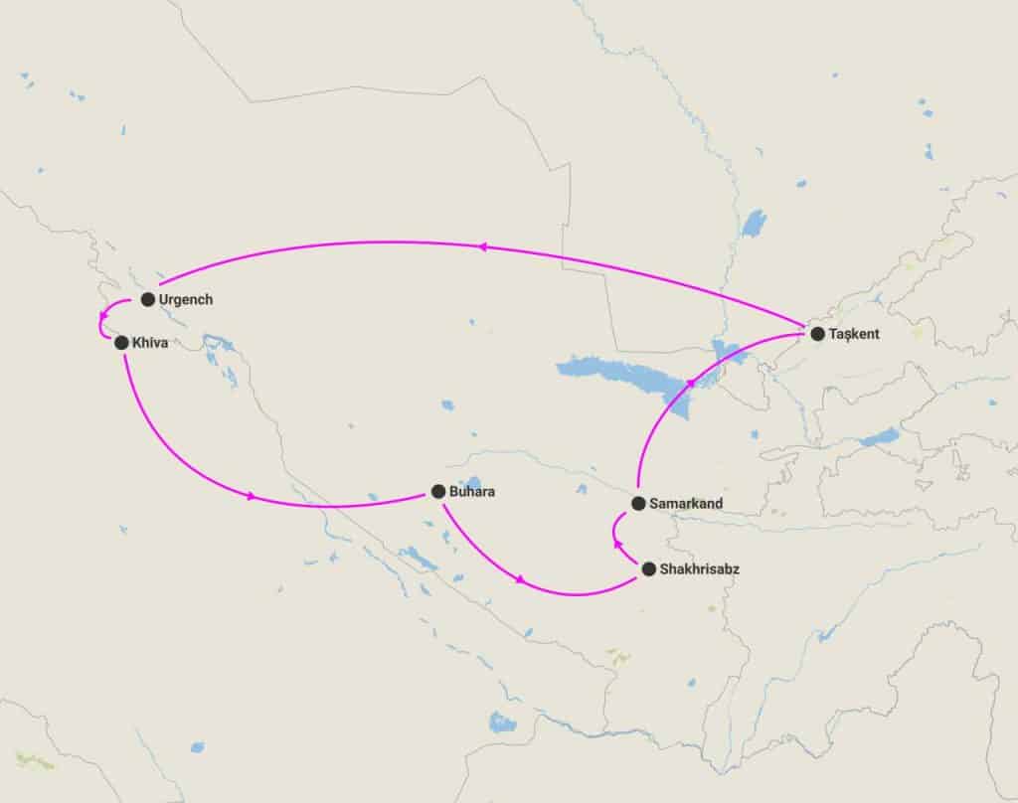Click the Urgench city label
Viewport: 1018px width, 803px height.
click(186, 299)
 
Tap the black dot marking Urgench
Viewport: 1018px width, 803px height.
click(148, 299)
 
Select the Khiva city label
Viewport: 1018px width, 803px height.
click(149, 343)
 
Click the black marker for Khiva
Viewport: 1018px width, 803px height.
click(121, 343)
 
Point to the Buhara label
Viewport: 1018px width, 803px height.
click(472, 491)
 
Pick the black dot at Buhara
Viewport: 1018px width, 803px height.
click(438, 491)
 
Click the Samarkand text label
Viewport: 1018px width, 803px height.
click(686, 504)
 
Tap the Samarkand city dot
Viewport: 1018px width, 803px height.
click(638, 503)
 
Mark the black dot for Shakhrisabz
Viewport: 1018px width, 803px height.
click(649, 569)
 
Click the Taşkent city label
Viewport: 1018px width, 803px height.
click(854, 334)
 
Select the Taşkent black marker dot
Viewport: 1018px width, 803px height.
click(817, 334)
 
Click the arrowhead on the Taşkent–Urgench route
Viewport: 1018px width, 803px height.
click(484, 247)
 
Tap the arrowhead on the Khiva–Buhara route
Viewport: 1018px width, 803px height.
click(252, 496)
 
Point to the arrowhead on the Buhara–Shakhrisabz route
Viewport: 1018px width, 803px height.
click(520, 579)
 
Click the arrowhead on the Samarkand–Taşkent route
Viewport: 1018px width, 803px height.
click(692, 383)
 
